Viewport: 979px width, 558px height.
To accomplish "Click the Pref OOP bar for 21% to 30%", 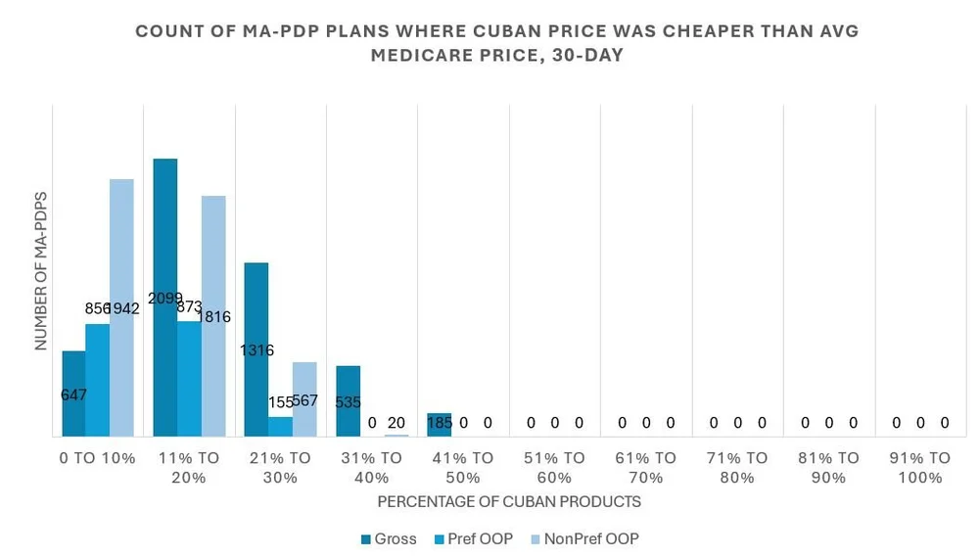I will pyautogui.click(x=281, y=427).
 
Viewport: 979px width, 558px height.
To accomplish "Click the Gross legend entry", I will pyautogui.click(x=389, y=538).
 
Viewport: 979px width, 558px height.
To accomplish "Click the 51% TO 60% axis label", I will pyautogui.click(x=554, y=467).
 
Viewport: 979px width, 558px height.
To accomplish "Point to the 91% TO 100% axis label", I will pyautogui.click(x=919, y=467).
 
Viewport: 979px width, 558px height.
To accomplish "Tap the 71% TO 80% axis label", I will pyautogui.click(x=736, y=467).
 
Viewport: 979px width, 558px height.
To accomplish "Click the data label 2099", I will pyautogui.click(x=164, y=298).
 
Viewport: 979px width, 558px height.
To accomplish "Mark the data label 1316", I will pyautogui.click(x=256, y=349).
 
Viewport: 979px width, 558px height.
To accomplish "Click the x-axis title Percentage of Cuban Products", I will pyautogui.click(x=509, y=501).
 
